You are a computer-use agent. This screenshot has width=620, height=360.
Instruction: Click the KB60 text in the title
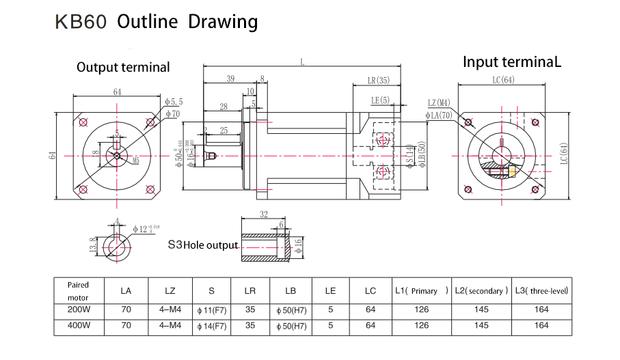pos(81,22)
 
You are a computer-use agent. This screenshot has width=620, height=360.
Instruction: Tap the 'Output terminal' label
pos(123,67)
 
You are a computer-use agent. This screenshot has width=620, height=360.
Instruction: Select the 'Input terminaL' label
pos(512,62)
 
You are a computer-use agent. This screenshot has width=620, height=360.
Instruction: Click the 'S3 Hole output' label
pos(203,245)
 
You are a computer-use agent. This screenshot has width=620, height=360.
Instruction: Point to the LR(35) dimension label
pos(378,81)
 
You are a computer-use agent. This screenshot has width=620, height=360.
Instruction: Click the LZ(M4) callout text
pos(439,102)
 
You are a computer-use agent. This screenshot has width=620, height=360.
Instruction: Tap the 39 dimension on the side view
pos(230,79)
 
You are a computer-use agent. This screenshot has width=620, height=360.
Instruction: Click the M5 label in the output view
pos(135,161)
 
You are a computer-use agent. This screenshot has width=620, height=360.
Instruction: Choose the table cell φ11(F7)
pos(211,309)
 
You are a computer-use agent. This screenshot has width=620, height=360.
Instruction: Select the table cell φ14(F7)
pos(211,326)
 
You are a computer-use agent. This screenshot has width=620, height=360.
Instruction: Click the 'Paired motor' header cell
pos(78,291)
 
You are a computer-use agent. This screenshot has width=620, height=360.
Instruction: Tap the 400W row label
pos(78,326)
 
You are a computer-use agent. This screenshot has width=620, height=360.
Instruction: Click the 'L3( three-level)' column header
pos(542,291)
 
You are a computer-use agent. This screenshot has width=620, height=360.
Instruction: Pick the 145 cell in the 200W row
pos(481,309)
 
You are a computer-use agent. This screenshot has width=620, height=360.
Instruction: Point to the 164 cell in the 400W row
pos(542,326)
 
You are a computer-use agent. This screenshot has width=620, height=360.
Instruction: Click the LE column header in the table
pos(330,291)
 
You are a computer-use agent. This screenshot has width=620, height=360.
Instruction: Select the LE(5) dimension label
pos(380,100)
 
